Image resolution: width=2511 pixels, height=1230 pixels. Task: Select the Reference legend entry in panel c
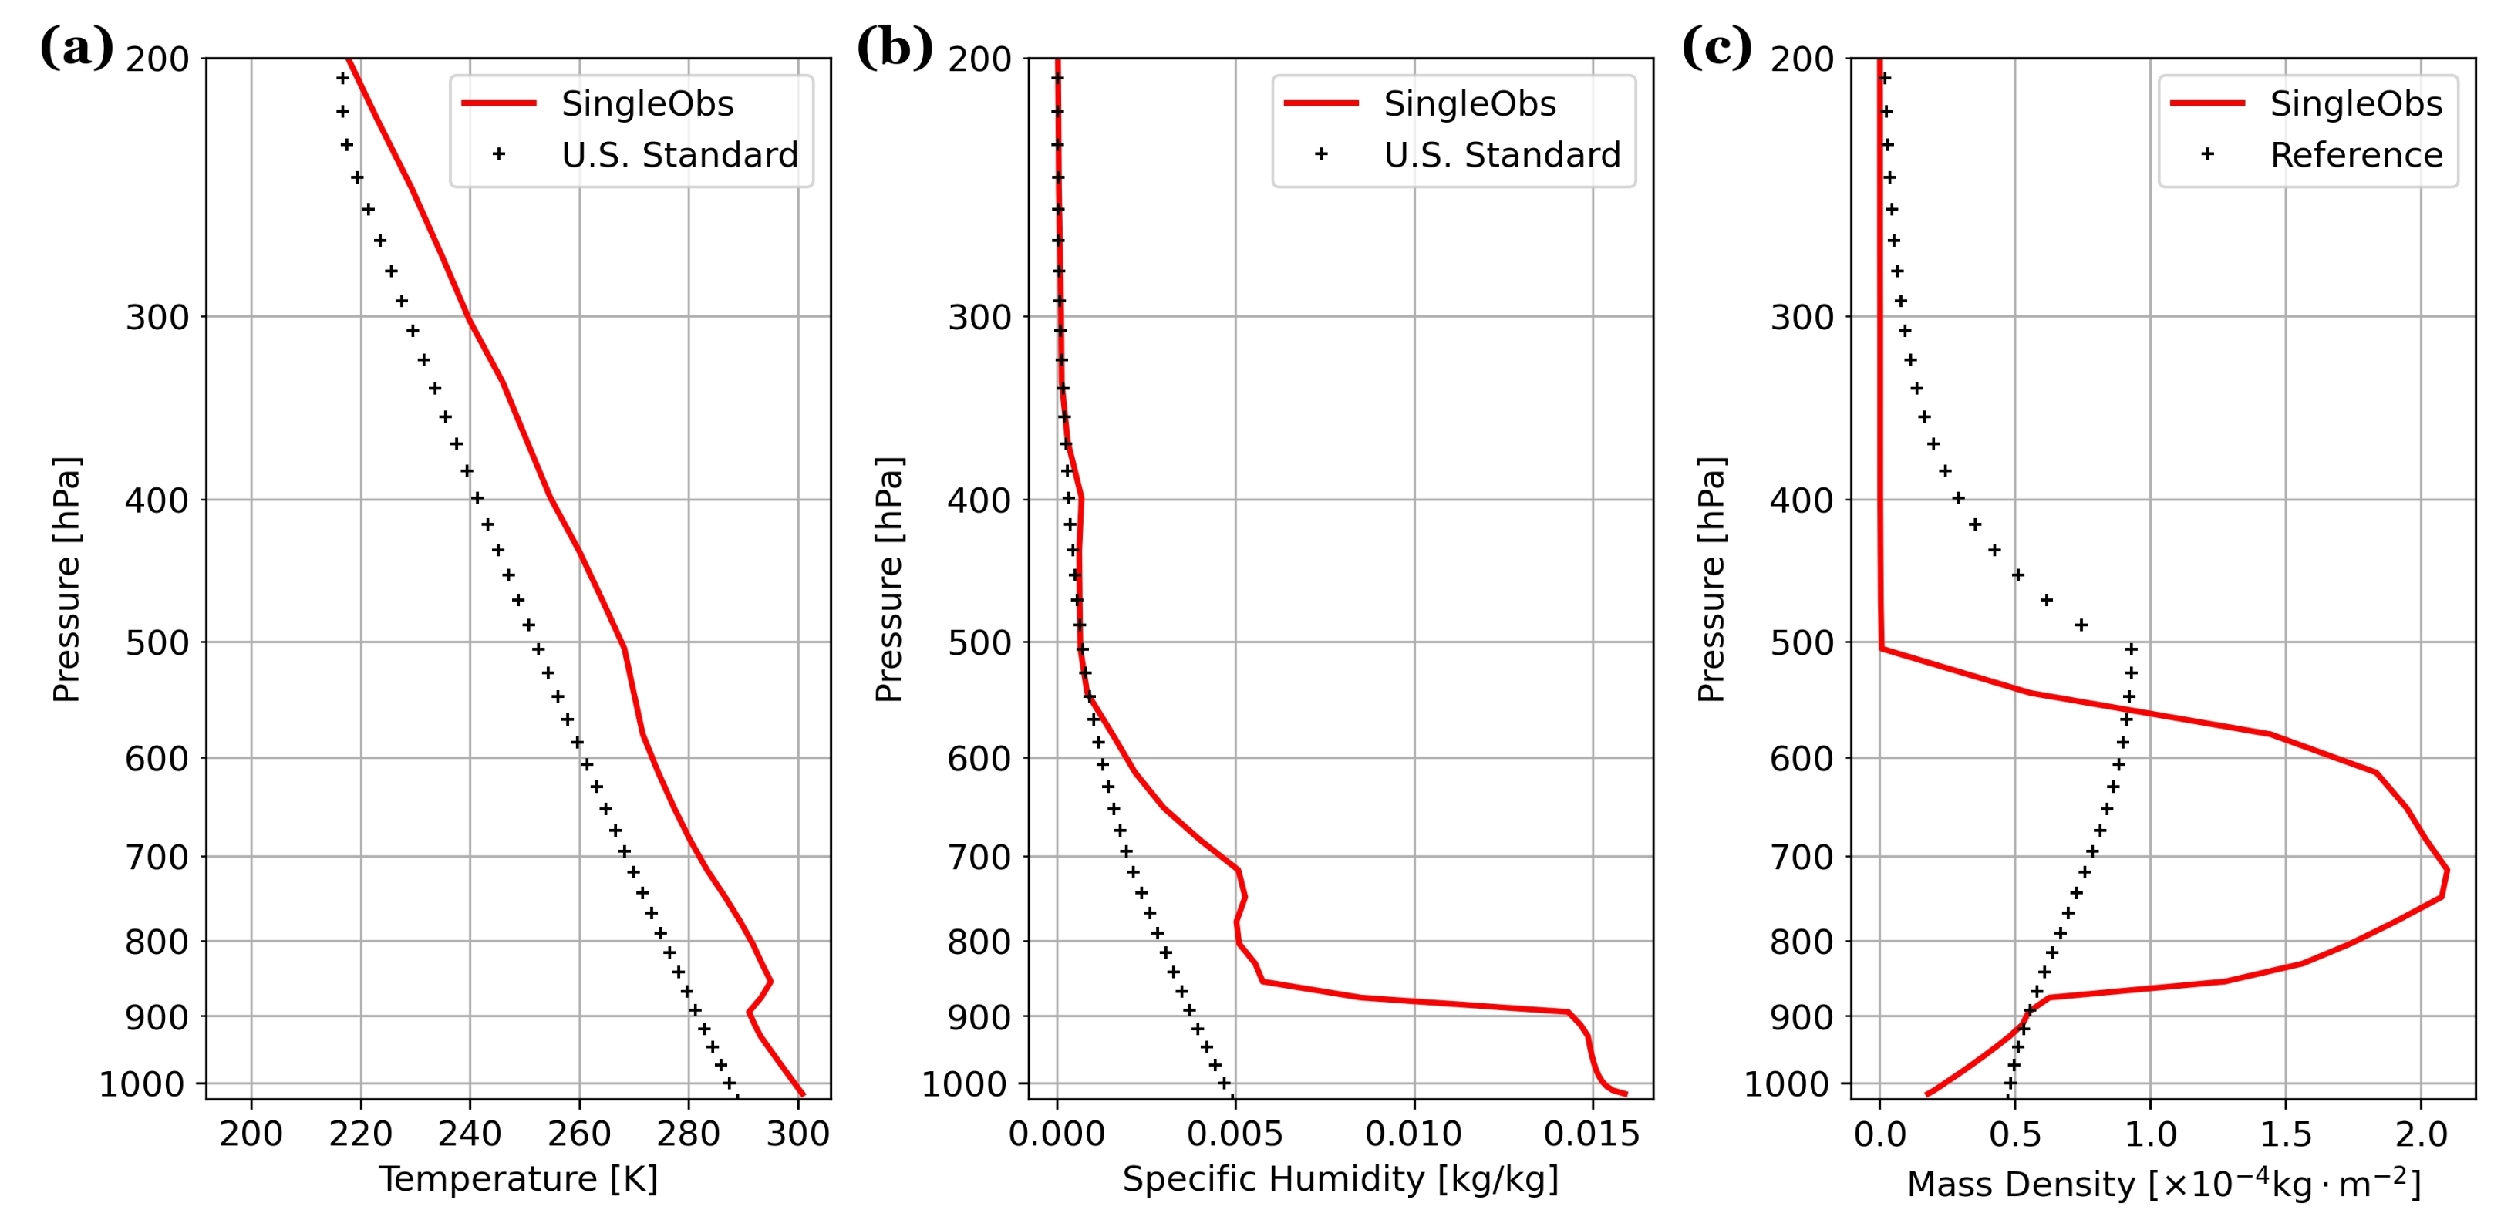[2355, 155]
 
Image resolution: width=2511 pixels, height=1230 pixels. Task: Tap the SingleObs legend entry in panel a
[646, 103]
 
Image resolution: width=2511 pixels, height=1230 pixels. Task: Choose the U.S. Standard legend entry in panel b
[1502, 155]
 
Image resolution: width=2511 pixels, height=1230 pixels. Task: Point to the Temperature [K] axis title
[517, 1179]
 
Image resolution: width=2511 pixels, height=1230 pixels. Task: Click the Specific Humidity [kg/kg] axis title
[1340, 1179]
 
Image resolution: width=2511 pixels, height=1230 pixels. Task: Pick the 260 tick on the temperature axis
[579, 1134]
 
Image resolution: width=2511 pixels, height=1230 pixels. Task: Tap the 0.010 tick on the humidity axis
[1414, 1134]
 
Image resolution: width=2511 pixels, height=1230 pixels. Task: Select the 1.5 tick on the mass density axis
[2285, 1134]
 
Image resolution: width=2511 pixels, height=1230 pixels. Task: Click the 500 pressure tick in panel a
[157, 643]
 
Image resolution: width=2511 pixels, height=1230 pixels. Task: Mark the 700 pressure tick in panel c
[1802, 858]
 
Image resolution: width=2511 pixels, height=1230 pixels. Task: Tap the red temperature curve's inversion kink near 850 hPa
[770, 982]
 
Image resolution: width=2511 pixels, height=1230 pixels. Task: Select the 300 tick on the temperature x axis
[797, 1134]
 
